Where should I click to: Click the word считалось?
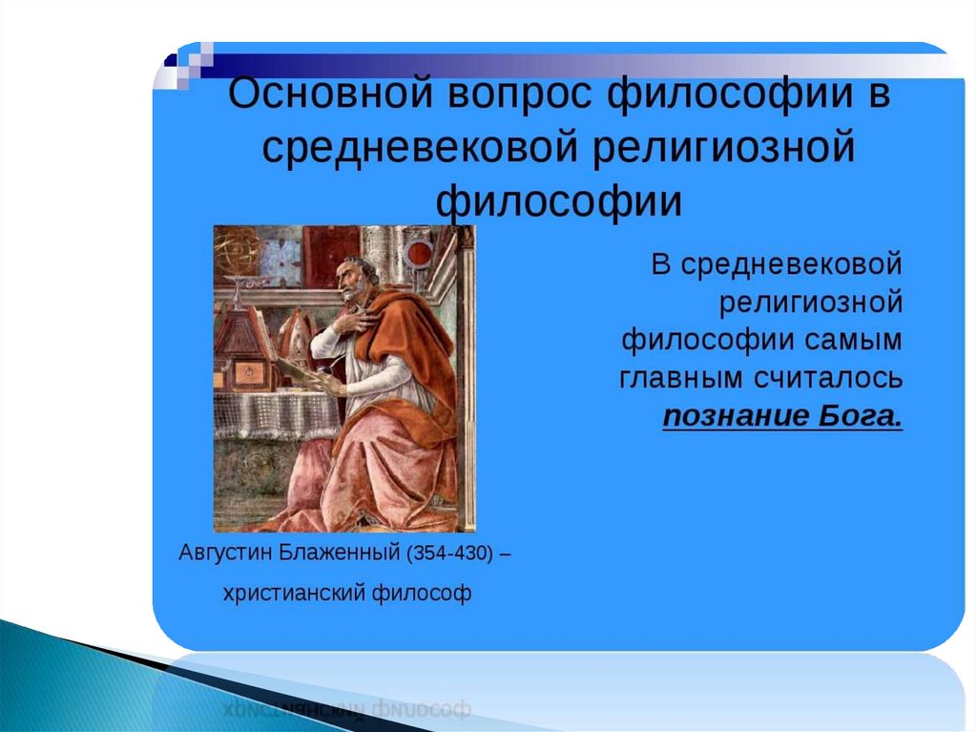[x=829, y=379]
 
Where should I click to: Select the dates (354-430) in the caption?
[x=450, y=553]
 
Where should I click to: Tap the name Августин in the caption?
[x=225, y=553]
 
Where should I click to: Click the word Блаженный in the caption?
[x=339, y=553]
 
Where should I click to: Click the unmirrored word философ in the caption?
[x=421, y=593]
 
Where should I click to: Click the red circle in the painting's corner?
[x=420, y=255]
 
